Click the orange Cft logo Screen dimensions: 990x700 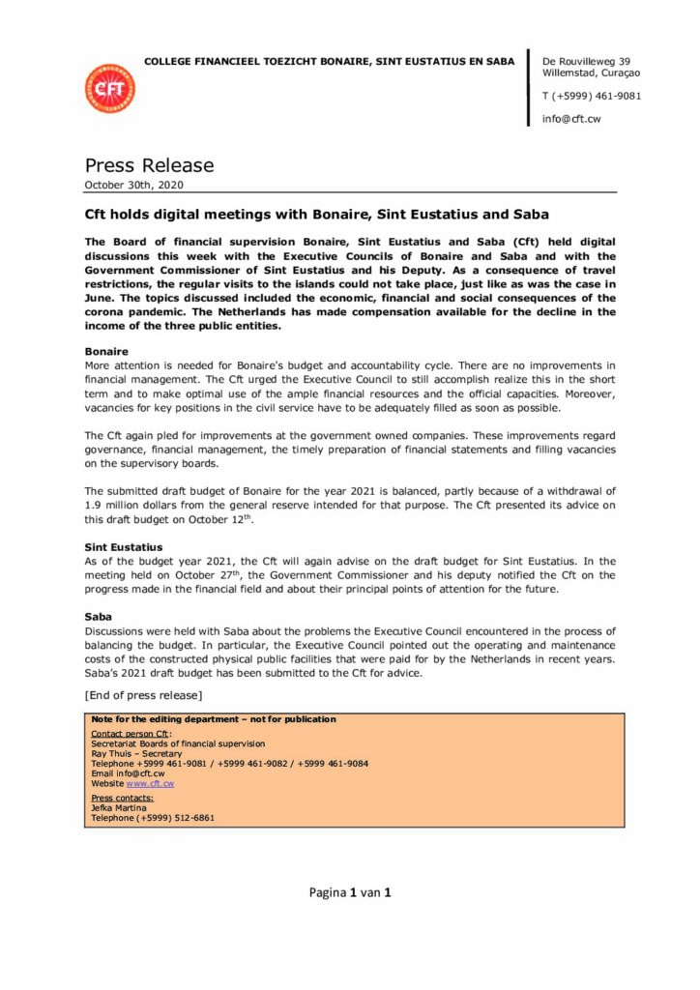110,89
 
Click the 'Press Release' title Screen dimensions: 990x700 149,165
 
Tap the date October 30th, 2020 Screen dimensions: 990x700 133,185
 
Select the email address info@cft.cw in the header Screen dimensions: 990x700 571,119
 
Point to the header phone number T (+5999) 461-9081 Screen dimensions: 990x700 592,96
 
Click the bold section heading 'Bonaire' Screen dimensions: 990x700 106,351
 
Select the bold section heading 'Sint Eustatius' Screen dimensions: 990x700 124,547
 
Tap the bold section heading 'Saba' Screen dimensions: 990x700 99,616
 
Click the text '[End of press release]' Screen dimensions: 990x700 143,695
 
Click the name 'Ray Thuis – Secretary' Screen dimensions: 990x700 136,753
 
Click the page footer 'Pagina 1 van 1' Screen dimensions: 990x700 350,892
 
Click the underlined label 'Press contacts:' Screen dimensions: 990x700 122,798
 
